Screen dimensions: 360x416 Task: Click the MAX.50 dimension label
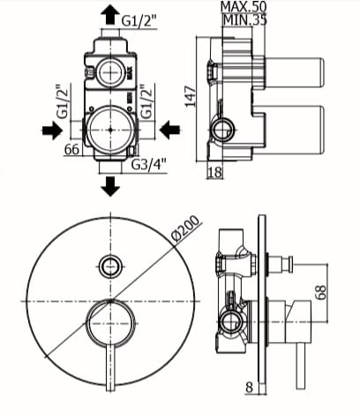point(244,6)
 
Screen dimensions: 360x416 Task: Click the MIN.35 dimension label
point(244,20)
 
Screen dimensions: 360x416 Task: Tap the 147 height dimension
point(191,96)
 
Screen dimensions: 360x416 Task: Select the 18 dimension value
point(215,172)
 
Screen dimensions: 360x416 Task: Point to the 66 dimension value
point(72,149)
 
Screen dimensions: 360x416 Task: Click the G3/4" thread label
point(149,165)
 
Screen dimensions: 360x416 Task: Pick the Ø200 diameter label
point(185,229)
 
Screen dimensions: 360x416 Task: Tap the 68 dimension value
point(321,292)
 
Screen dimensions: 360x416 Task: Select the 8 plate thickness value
point(249,387)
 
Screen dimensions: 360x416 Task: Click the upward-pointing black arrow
point(110,15)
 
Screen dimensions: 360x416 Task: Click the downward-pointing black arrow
point(110,186)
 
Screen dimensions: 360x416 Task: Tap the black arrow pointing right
point(52,130)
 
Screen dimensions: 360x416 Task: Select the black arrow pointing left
point(169,130)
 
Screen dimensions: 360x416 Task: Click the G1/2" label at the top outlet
point(139,21)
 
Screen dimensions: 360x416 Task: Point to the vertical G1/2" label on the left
point(63,101)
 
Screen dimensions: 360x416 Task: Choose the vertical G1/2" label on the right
point(146,101)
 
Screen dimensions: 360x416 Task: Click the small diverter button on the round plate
point(110,266)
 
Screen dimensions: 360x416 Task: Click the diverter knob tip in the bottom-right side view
point(290,264)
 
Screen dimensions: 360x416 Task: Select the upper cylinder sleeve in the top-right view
point(294,72)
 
